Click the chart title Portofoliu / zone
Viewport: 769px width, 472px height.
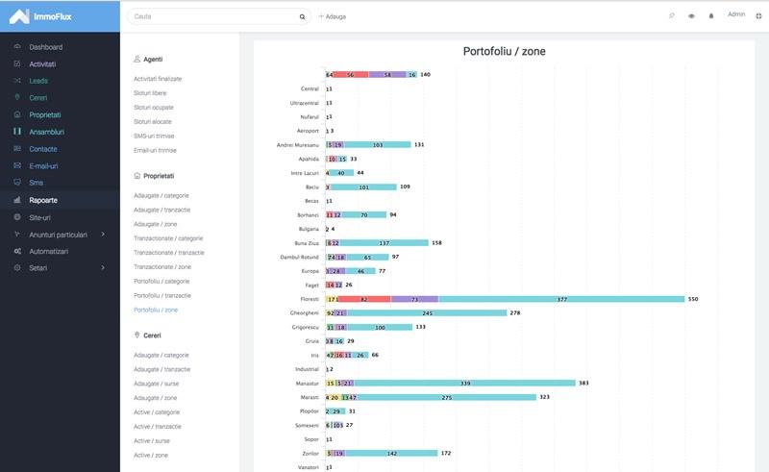coord(505,51)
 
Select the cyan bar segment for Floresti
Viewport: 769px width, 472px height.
coord(561,299)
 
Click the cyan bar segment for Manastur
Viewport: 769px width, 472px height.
coord(465,383)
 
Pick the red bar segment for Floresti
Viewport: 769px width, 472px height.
coord(364,299)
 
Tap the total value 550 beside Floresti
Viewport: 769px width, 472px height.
coord(693,299)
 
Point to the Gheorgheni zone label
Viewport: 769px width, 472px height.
coord(304,312)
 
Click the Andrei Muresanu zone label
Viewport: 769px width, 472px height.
coord(297,144)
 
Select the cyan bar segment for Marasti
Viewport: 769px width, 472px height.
coord(446,397)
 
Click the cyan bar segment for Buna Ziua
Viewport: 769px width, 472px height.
coord(384,243)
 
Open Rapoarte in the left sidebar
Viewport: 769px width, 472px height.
coord(43,200)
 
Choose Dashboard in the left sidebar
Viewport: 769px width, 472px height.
coord(45,47)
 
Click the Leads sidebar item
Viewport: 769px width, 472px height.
coord(38,81)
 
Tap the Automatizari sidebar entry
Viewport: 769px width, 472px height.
coord(49,251)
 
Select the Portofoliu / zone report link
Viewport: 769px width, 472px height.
coord(156,310)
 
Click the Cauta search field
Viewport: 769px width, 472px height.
coord(211,16)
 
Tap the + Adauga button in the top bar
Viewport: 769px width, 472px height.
coord(333,16)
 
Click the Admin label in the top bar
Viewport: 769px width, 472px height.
coord(736,14)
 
